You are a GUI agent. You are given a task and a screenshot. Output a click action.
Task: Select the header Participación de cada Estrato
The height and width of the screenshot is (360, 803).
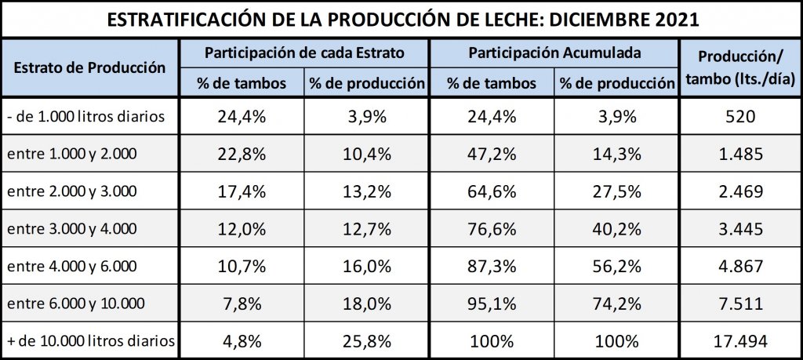click(x=304, y=53)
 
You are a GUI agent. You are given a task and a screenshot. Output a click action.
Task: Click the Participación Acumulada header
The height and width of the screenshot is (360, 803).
click(x=555, y=53)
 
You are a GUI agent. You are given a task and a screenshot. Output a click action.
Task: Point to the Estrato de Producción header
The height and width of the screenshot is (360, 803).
click(x=90, y=67)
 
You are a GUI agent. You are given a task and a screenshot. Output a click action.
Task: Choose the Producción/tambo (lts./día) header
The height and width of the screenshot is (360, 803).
click(x=740, y=67)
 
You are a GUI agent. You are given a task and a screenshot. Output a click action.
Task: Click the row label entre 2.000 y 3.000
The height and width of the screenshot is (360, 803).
click(x=72, y=192)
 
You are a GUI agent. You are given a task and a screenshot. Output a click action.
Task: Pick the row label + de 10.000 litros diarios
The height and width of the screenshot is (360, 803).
click(x=90, y=341)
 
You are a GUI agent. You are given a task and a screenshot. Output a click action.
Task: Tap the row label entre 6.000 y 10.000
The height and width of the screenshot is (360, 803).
click(x=76, y=304)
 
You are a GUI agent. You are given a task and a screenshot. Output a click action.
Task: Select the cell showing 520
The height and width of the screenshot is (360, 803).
click(x=740, y=118)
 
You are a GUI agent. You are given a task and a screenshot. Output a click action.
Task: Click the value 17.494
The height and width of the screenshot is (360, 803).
click(x=740, y=341)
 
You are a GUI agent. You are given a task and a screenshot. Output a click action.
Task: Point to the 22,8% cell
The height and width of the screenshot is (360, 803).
click(x=241, y=155)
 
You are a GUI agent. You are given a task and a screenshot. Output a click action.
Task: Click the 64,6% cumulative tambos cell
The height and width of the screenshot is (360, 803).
click(x=492, y=192)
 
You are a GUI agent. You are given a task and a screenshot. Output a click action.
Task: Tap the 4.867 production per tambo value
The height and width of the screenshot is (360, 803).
click(x=740, y=267)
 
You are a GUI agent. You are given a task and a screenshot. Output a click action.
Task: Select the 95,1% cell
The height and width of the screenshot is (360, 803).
click(x=492, y=304)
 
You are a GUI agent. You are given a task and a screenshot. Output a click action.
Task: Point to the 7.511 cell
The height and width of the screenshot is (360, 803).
click(x=740, y=304)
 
